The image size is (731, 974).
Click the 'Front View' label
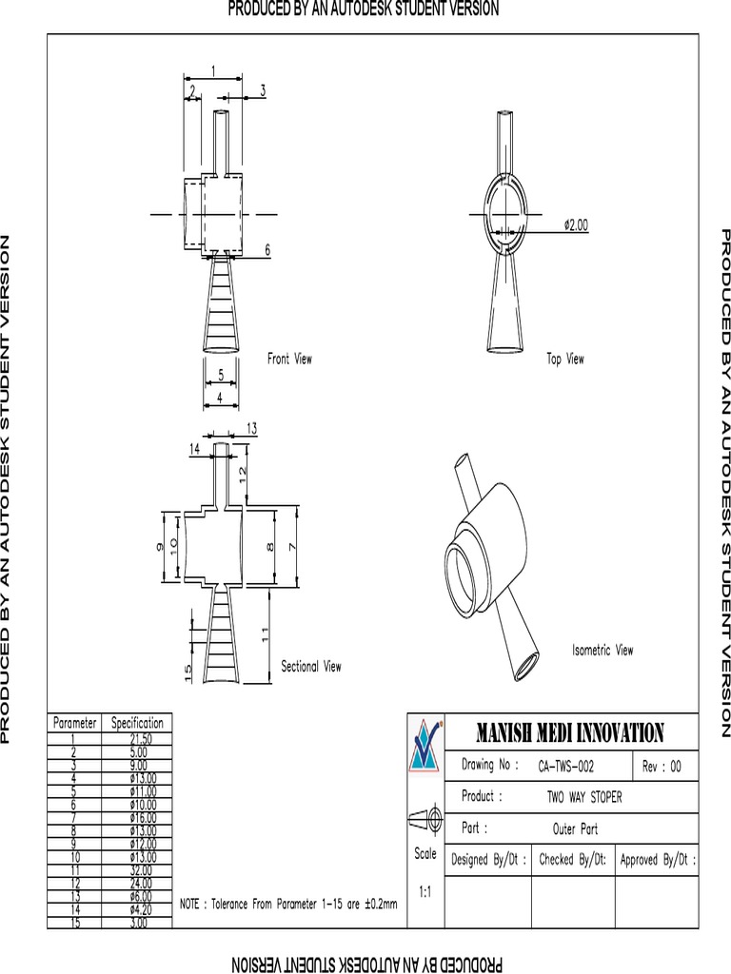coord(289,359)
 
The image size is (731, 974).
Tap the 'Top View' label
coord(565,359)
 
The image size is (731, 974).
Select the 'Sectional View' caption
coord(310,667)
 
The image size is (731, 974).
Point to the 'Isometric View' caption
coord(602,651)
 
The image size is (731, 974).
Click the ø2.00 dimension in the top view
coord(576,225)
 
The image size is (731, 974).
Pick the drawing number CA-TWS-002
coord(566,766)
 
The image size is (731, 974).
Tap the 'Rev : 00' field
coord(662,766)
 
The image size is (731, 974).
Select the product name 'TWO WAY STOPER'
coord(583,797)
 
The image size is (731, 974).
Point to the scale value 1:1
coord(425,892)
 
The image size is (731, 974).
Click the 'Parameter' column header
coord(74,723)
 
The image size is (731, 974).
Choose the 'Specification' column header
coord(137,723)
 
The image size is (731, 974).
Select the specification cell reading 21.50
coord(140,738)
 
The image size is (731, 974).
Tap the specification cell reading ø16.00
coord(139,817)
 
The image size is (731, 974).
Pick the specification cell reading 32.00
coord(140,869)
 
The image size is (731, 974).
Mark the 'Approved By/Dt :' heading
coord(657,860)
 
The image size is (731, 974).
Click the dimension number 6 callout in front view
coord(267,249)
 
